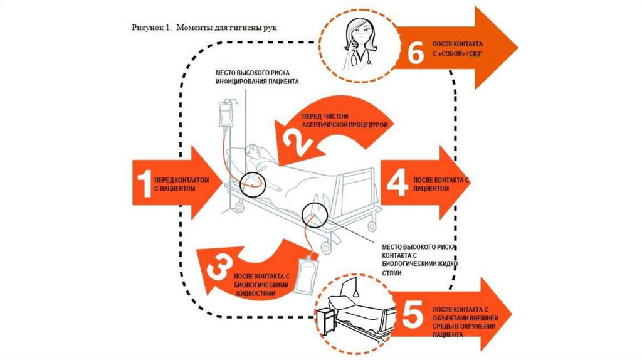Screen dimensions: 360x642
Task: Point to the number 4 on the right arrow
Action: (x=396, y=184)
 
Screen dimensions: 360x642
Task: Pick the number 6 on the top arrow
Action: (x=415, y=53)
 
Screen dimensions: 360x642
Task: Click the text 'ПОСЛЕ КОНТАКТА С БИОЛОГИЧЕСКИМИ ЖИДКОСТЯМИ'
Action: (x=261, y=285)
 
